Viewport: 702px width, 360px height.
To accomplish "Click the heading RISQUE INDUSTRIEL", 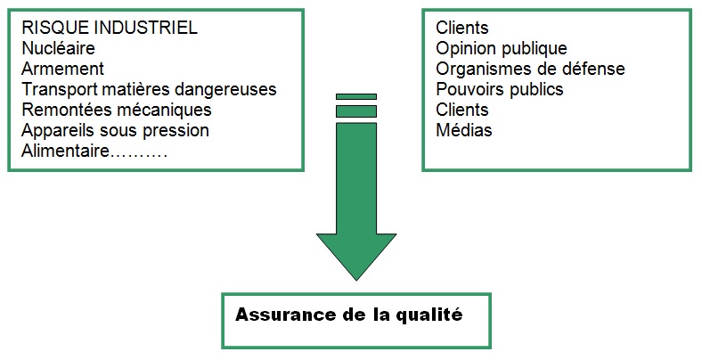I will point(109,28).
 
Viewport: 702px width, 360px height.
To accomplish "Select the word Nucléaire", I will point(58,48).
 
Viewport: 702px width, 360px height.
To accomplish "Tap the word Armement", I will point(62,69).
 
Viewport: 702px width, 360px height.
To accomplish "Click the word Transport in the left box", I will point(56,89).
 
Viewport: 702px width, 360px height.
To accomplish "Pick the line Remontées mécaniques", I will point(116,110).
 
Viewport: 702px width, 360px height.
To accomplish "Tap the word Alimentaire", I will point(64,151).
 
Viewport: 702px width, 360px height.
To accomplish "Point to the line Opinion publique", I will point(501,48).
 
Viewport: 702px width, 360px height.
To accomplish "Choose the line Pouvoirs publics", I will point(499,89).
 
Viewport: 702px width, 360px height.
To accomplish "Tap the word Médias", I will point(463,130).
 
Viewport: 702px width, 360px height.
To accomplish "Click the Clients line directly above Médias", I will point(462,110).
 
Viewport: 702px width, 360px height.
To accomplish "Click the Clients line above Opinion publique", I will point(462,28).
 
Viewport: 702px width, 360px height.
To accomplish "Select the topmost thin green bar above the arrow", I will point(356,96).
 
